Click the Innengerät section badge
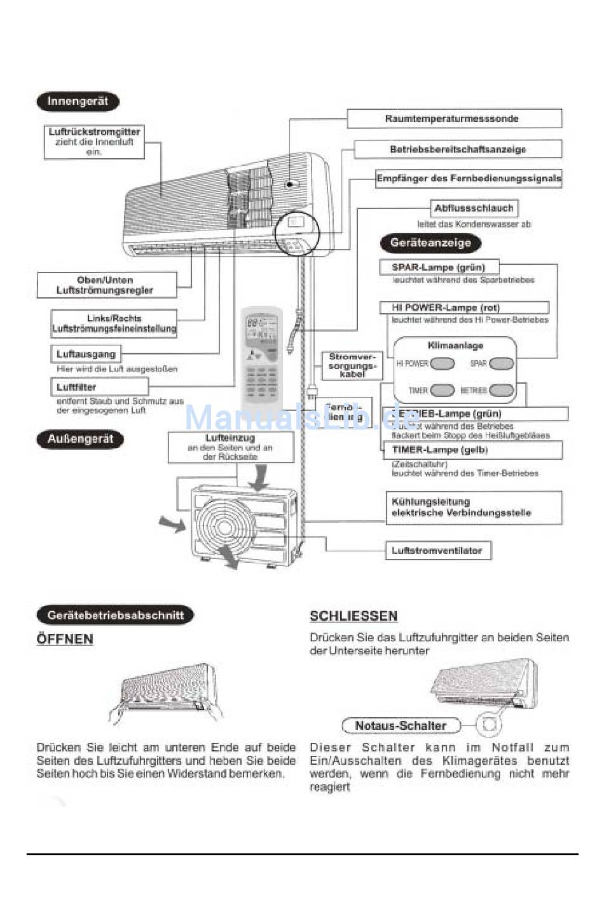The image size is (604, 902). pyautogui.click(x=78, y=102)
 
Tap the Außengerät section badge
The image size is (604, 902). pyautogui.click(x=80, y=440)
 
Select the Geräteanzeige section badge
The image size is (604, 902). pyautogui.click(x=430, y=243)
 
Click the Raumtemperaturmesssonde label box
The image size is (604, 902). pyautogui.click(x=454, y=119)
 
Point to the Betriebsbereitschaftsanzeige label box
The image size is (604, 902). pyautogui.click(x=458, y=150)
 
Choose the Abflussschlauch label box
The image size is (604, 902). pyautogui.click(x=474, y=208)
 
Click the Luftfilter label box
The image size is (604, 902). pyautogui.click(x=99, y=387)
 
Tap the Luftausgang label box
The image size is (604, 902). pyautogui.click(x=86, y=354)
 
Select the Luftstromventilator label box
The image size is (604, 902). pyautogui.click(x=438, y=551)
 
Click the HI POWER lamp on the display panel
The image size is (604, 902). pyautogui.click(x=443, y=364)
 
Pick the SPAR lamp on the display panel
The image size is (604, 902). pyautogui.click(x=501, y=364)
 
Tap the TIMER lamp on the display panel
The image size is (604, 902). pyautogui.click(x=443, y=391)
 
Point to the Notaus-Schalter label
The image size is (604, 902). pyautogui.click(x=401, y=725)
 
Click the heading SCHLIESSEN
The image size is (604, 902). pyautogui.click(x=353, y=616)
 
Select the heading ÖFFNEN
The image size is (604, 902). pyautogui.click(x=65, y=639)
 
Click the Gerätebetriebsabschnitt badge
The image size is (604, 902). pyautogui.click(x=115, y=616)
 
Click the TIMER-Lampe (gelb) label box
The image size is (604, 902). pyautogui.click(x=472, y=450)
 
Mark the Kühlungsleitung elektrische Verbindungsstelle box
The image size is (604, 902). pyautogui.click(x=474, y=508)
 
